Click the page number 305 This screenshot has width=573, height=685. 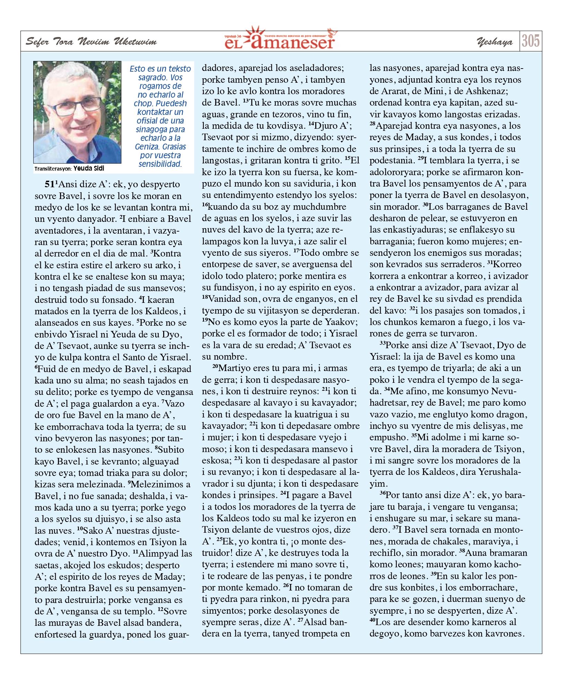[530, 41]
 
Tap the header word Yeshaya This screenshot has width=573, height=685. [494, 42]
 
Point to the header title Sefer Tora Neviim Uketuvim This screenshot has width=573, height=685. [91, 42]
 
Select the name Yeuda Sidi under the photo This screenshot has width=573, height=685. [89, 169]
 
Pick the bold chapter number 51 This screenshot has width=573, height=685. [50, 184]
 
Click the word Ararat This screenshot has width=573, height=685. [396, 91]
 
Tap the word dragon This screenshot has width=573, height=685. [510, 414]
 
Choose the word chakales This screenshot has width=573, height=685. [447, 541]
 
